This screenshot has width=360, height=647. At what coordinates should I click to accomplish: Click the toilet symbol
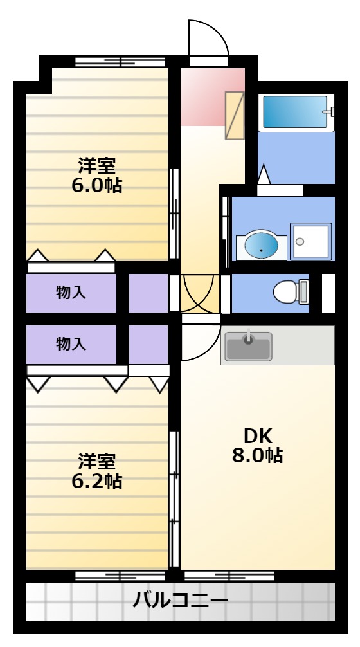tap(291, 292)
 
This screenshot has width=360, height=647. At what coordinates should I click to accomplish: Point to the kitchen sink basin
tap(248, 346)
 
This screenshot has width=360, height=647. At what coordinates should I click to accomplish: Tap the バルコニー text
tap(180, 600)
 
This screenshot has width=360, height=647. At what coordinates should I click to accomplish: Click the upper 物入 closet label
tap(71, 293)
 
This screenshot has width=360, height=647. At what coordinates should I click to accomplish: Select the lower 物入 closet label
tap(71, 343)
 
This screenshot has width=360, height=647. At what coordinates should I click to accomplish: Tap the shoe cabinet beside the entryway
tap(234, 116)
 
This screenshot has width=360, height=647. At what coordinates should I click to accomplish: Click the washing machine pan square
tap(311, 241)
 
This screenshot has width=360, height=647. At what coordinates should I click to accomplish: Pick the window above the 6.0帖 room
tap(120, 62)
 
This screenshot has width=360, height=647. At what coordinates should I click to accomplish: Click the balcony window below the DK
tap(230, 576)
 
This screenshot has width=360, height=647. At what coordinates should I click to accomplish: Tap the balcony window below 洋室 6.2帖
tap(120, 576)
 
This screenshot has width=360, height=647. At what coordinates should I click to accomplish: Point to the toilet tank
tap(304, 292)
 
